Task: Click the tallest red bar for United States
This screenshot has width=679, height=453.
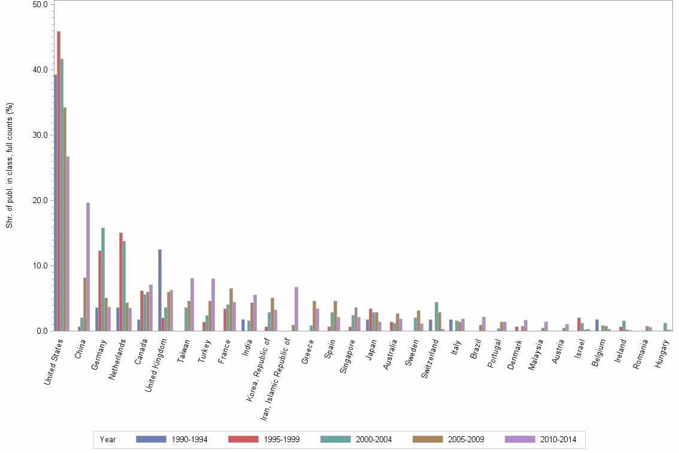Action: point(59,180)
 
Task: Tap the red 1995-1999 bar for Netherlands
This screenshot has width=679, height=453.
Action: point(121,282)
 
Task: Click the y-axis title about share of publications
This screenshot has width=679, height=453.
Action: point(9,165)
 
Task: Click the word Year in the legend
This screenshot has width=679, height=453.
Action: point(108,440)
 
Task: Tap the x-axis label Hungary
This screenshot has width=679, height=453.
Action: point(663,354)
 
